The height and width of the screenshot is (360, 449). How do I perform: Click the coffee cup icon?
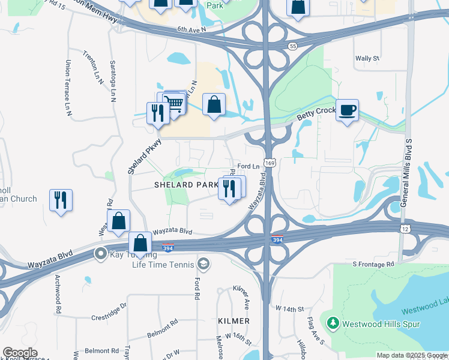347,110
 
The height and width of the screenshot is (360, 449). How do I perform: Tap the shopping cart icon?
173,103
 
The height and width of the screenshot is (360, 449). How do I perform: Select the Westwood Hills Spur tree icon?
333,323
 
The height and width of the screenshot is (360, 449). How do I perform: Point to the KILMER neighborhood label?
234,322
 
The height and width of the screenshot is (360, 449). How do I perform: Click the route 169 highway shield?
272,163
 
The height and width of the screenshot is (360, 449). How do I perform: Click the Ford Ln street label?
248,166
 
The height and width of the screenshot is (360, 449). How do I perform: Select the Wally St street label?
367,59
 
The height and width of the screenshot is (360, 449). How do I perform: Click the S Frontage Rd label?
373,264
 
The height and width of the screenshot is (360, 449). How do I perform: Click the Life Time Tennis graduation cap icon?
204,264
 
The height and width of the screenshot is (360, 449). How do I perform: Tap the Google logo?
20,353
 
